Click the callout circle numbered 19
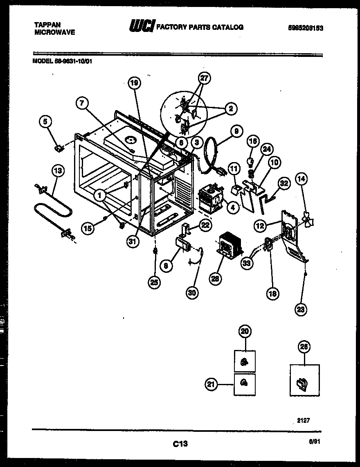pos(134,83)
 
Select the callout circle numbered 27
pos(204,78)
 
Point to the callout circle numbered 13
pos(59,171)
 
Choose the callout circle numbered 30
pos(192,292)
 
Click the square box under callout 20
pos(245,361)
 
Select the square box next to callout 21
pos(245,384)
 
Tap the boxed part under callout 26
pos(304,380)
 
